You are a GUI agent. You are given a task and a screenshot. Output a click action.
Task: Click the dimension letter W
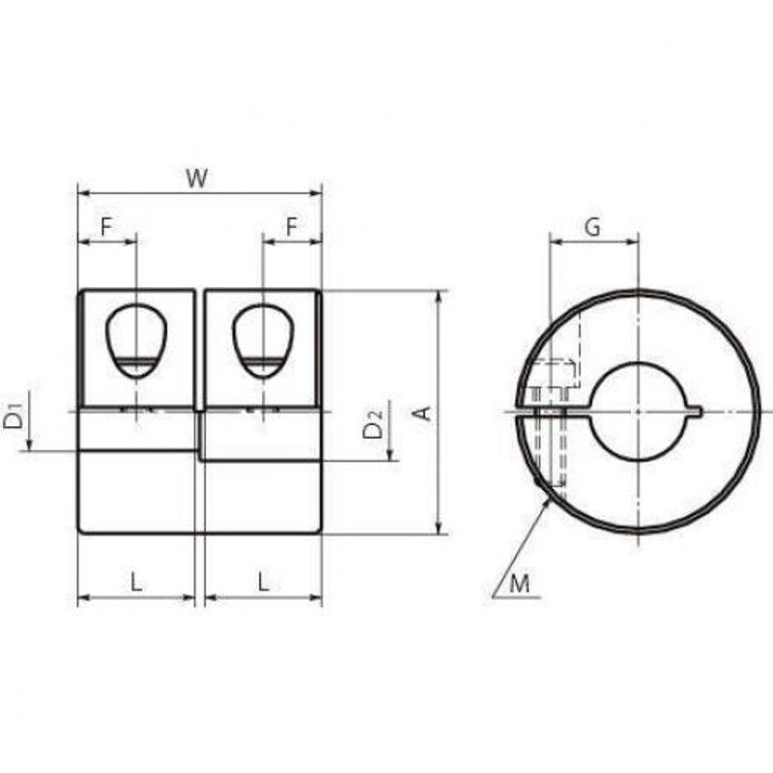coord(197,178)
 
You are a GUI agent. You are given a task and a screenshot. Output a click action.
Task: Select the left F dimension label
coord(106,227)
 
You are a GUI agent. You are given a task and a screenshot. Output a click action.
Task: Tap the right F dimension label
coord(293,227)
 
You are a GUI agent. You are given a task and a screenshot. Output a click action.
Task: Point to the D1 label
coord(14,415)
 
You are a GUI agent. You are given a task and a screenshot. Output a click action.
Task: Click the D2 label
coord(373,425)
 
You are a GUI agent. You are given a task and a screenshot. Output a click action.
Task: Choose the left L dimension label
coord(136,583)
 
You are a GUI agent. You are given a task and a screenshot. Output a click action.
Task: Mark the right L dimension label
coord(264,583)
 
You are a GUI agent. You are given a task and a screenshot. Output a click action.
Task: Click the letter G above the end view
coord(592,227)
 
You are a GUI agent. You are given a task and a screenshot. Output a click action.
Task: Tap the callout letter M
coord(519,585)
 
